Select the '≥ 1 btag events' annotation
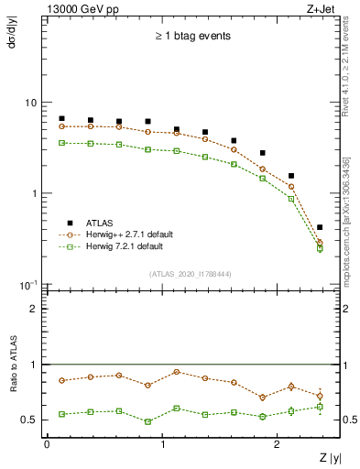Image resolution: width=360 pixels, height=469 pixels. click(x=193, y=37)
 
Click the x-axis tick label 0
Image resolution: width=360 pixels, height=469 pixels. click(x=47, y=444)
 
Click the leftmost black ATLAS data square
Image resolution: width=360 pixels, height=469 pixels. click(x=61, y=118)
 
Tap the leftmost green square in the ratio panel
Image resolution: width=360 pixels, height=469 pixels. click(x=61, y=414)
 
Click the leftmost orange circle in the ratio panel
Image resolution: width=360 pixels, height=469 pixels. click(x=61, y=380)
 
